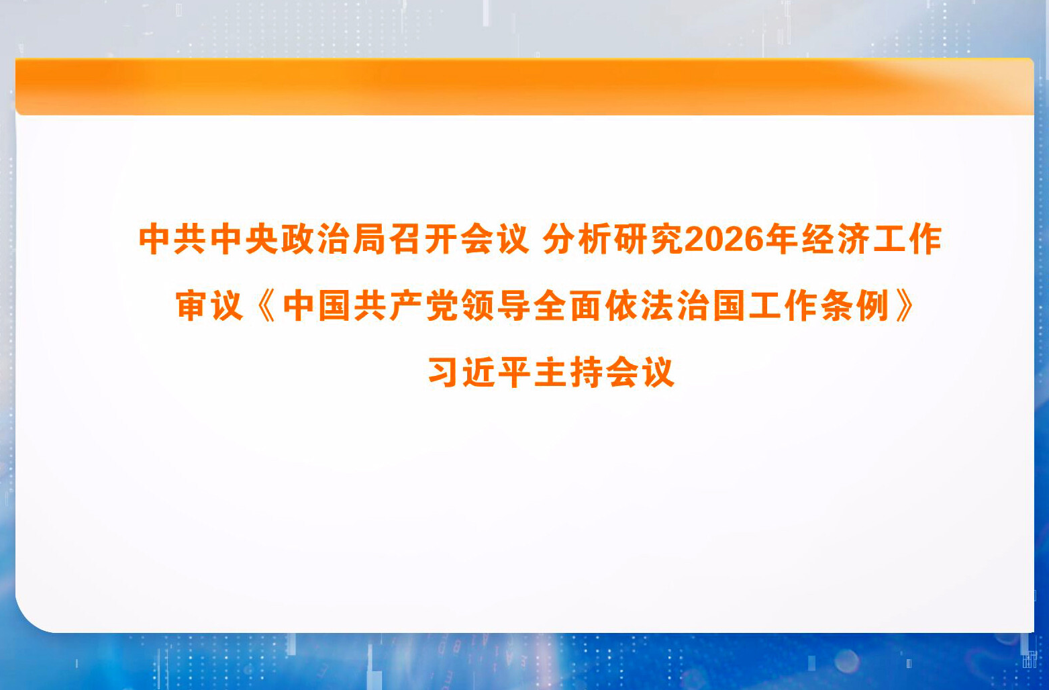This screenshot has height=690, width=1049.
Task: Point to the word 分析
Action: coord(577,240)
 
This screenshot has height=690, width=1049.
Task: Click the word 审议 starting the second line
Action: coord(209,306)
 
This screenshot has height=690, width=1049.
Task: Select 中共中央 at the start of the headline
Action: coord(209,240)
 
